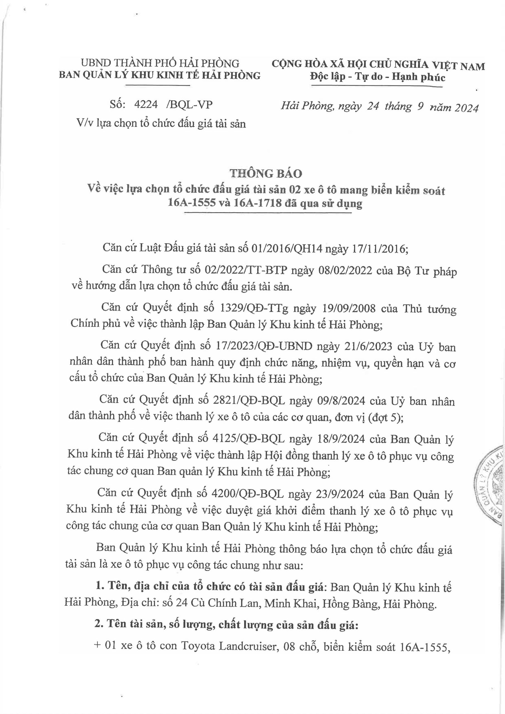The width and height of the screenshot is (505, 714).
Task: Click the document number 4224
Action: (146, 105)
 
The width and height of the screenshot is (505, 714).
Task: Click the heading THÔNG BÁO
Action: (266, 173)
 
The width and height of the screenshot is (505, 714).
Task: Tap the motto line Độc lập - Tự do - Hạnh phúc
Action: (377, 76)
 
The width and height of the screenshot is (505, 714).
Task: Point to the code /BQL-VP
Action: (189, 105)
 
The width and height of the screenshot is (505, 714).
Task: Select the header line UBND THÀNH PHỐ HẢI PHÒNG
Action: (160, 63)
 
